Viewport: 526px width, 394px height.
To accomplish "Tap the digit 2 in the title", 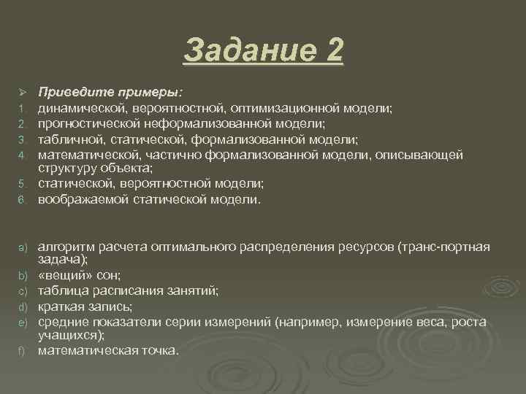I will point(334,52).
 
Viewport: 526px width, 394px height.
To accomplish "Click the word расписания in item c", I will point(128,290).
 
